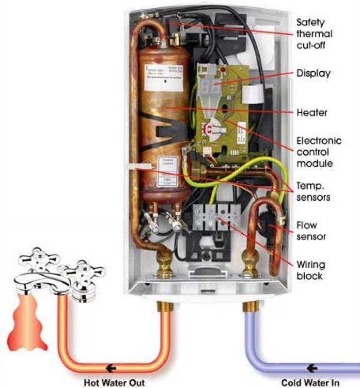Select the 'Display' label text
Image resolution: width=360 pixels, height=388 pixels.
[313, 74]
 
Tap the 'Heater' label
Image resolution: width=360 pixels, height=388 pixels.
[312, 113]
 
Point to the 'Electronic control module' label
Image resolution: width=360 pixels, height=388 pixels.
[318, 152]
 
